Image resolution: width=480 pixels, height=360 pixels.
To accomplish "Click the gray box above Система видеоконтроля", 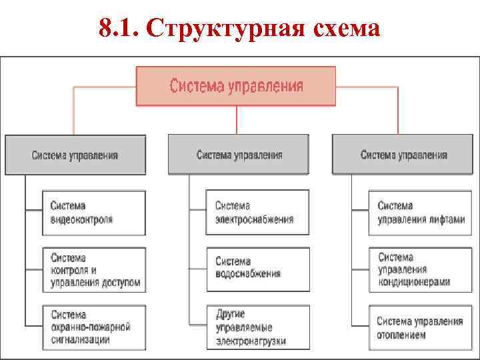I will click(x=75, y=155).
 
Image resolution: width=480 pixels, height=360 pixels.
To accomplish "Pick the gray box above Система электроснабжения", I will click(x=239, y=155).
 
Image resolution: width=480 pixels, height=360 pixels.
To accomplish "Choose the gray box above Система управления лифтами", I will click(x=403, y=155).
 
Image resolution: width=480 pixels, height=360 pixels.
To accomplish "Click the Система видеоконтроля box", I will click(x=95, y=213).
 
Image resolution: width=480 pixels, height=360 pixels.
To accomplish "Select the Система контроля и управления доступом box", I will click(x=95, y=270).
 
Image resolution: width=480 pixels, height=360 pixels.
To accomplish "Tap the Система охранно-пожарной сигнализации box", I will click(x=95, y=327).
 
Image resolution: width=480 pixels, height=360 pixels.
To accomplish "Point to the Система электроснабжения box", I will click(x=258, y=213).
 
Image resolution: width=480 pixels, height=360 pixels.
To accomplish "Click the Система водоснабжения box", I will click(x=258, y=269).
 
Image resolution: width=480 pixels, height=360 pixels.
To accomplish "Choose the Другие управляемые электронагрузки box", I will click(x=258, y=327).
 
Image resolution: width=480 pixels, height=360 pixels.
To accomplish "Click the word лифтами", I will click(x=446, y=219).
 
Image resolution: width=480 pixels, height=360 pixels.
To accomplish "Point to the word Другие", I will click(x=231, y=314).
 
